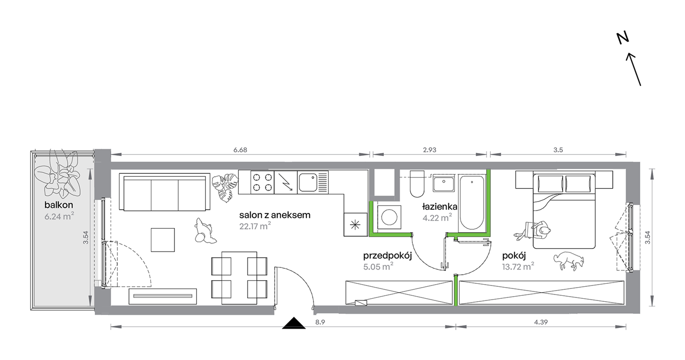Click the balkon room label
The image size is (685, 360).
[58, 205]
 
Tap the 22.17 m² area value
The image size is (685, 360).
[255, 226]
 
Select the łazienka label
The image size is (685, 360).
[439, 207]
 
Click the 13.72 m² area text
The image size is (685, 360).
[518, 267]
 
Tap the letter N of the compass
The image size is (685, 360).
[623, 38]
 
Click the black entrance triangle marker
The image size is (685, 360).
[294, 323]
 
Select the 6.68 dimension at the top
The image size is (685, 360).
[240, 150]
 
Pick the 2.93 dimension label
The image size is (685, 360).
[429, 150]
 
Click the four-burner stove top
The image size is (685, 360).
[262, 182]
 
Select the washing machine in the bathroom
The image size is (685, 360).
[389, 217]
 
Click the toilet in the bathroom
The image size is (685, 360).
[417, 184]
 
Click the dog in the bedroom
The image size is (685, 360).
[569, 260]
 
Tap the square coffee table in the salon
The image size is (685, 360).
[163, 240]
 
